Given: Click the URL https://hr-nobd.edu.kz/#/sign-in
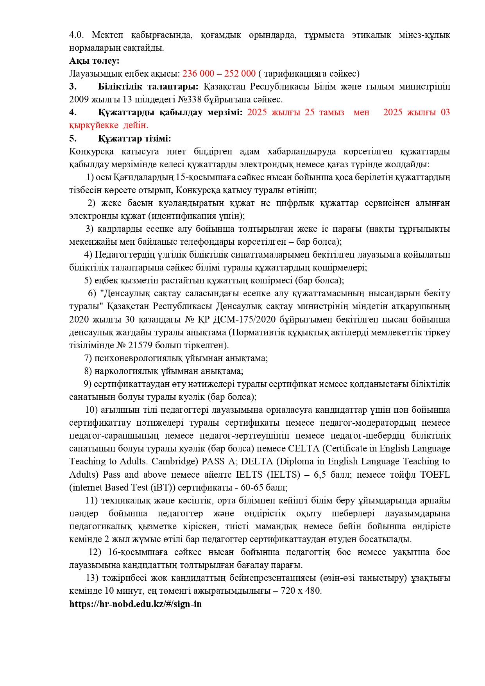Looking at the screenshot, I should point(135,604).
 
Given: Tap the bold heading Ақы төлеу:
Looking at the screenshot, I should point(94,61).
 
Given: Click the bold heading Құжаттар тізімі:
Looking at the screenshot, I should point(134,138).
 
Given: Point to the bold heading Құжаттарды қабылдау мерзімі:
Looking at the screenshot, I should point(170,113).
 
